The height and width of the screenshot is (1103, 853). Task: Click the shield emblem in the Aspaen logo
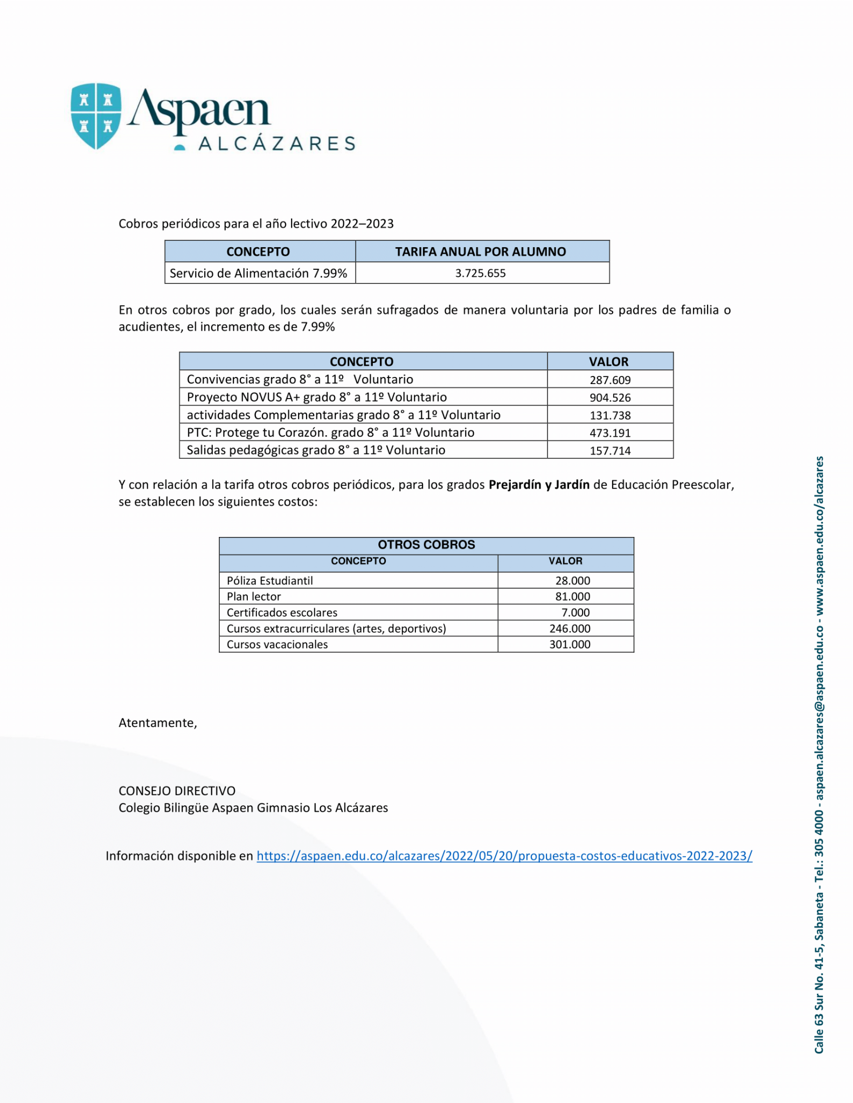click(96, 115)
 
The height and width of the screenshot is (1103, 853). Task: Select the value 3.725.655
click(480, 274)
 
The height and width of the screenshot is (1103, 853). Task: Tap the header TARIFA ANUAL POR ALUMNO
click(480, 252)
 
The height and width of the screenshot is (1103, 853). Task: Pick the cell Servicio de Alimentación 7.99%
click(259, 274)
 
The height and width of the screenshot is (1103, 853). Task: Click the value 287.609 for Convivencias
click(610, 380)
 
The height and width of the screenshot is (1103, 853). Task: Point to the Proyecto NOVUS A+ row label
click(317, 397)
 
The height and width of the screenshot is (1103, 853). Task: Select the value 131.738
click(610, 415)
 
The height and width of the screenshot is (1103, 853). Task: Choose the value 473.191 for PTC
click(610, 433)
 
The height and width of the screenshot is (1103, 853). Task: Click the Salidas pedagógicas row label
click(316, 450)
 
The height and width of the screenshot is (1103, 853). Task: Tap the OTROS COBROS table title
click(426, 544)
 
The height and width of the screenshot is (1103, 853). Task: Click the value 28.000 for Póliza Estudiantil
click(573, 581)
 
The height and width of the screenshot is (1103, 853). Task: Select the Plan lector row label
click(254, 597)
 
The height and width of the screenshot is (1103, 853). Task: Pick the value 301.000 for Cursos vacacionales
click(570, 645)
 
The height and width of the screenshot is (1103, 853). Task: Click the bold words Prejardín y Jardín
click(539, 485)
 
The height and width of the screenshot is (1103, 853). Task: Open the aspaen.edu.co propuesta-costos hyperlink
click(504, 856)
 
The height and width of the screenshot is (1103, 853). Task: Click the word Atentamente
click(157, 723)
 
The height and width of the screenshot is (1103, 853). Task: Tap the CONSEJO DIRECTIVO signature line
click(177, 791)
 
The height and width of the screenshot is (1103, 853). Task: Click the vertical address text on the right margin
click(819, 754)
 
